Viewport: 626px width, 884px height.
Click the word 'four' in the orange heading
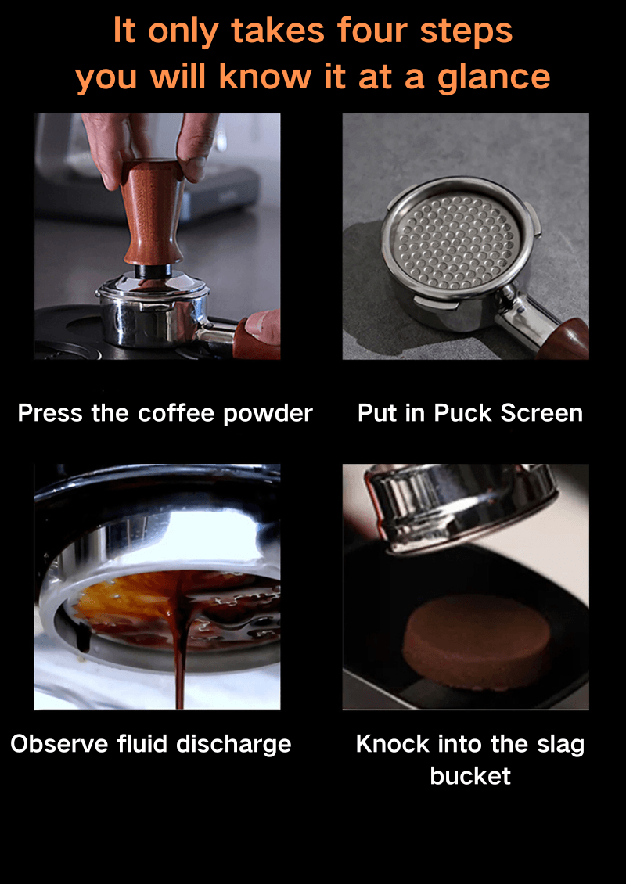point(374,31)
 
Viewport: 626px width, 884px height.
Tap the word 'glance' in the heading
point(494,78)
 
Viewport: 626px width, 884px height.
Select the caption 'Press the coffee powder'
point(165,414)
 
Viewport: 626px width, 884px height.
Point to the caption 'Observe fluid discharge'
point(151,745)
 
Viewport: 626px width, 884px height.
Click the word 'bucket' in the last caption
point(470,776)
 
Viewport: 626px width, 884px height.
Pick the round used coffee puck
point(477,642)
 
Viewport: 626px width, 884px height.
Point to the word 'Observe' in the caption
point(59,744)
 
